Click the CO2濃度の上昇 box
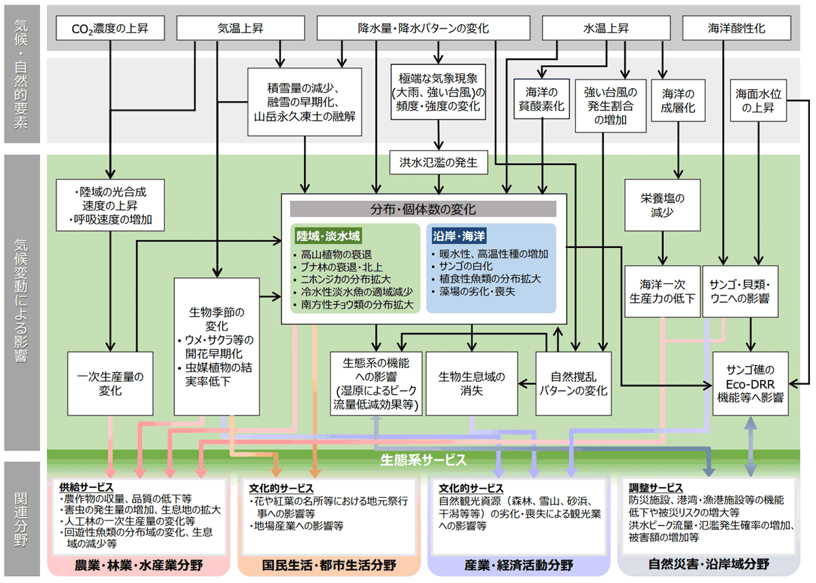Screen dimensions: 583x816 [109, 29]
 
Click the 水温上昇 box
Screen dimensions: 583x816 [606, 29]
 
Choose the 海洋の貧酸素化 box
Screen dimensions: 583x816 [541, 100]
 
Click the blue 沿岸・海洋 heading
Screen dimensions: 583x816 [459, 236]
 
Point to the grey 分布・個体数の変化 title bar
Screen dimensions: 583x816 [423, 209]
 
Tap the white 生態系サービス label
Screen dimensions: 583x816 [423, 460]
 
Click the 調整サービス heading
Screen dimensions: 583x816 [656, 489]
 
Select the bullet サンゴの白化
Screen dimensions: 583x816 [462, 266]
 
